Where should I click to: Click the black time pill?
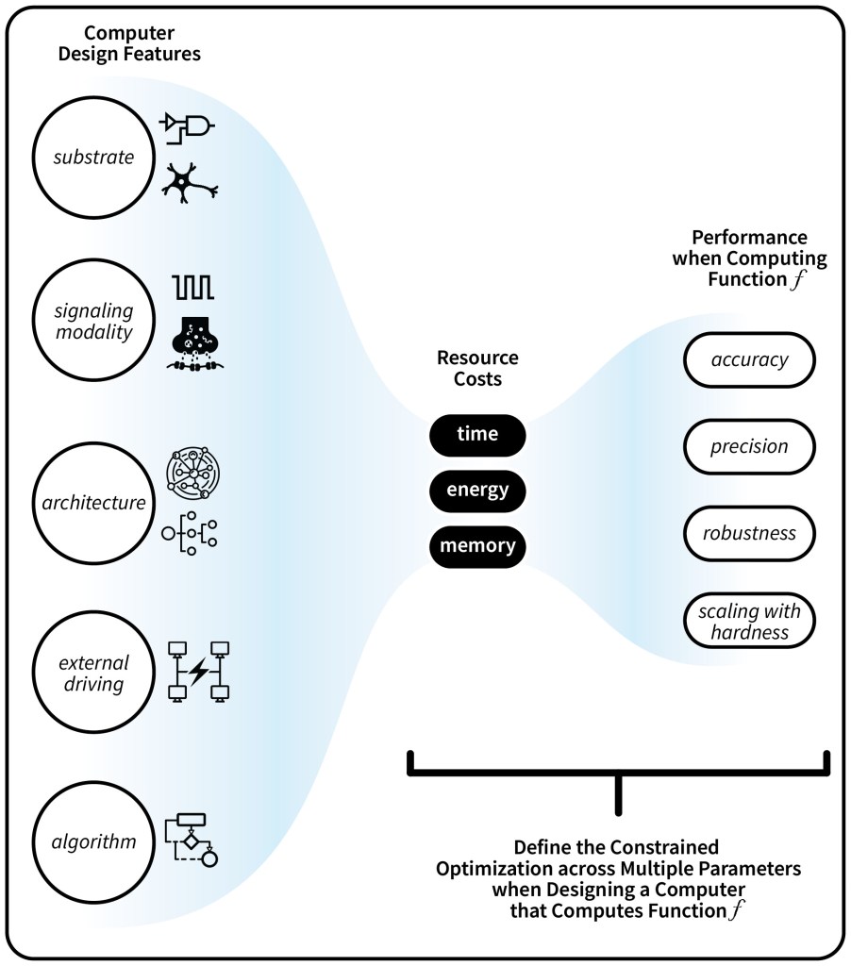[x=476, y=434]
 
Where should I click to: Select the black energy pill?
[x=476, y=490]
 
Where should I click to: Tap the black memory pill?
[x=476, y=545]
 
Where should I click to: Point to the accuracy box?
[x=748, y=359]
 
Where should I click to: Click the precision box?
[x=748, y=446]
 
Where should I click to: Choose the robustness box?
[x=748, y=533]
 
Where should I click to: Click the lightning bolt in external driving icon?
[x=199, y=672]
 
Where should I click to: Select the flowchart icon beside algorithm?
[x=192, y=839]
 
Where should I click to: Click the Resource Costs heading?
[x=476, y=369]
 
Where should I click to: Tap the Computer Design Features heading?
[x=129, y=43]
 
